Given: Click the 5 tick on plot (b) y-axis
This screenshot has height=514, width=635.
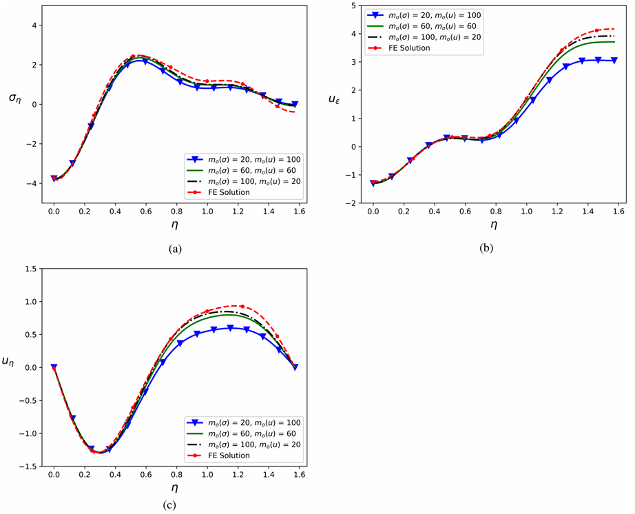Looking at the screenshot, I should pyautogui.click(x=352, y=5).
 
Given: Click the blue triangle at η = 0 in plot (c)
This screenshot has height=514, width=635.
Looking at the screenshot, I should pyautogui.click(x=54, y=367).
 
